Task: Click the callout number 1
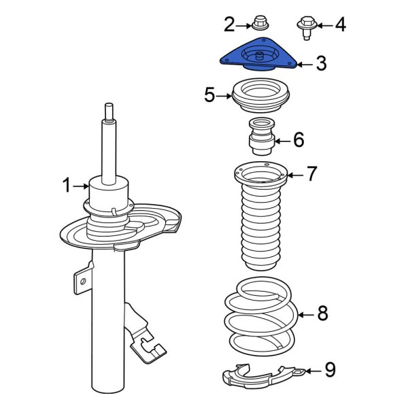pyautogui.click(x=67, y=185)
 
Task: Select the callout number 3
pyautogui.click(x=320, y=64)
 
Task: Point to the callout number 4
pyautogui.click(x=339, y=26)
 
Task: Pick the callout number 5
pyautogui.click(x=210, y=95)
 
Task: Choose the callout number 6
pyautogui.click(x=298, y=141)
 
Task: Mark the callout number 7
pyautogui.click(x=311, y=174)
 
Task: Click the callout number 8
pyautogui.click(x=322, y=313)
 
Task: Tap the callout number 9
pyautogui.click(x=329, y=370)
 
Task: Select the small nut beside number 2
pyautogui.click(x=258, y=24)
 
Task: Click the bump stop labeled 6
pyautogui.click(x=262, y=136)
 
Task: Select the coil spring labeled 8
pyautogui.click(x=260, y=316)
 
